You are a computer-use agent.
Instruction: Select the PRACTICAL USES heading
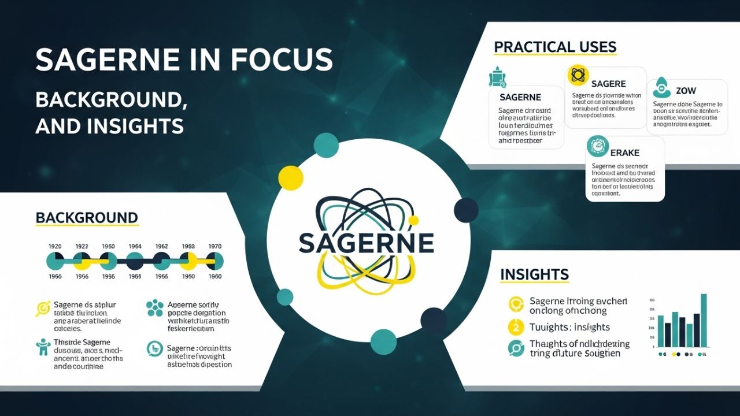555,47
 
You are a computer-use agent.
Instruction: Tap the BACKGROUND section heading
87,218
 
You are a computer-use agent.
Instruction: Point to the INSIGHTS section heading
534,274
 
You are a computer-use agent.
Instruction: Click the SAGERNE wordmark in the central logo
366,243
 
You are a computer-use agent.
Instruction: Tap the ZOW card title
685,91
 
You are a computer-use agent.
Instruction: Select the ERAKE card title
624,153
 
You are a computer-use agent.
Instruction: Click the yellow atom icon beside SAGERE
577,75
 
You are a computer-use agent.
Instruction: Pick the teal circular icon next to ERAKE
597,146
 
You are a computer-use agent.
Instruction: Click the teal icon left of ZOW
661,88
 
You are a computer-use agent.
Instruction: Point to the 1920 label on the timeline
54,246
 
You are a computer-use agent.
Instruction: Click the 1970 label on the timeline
214,246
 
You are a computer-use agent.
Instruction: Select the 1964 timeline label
135,246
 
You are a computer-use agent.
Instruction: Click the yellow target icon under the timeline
43,309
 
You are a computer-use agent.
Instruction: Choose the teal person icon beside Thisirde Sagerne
43,347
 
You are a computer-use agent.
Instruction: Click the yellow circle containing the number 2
515,327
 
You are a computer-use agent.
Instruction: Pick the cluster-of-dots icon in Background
154,308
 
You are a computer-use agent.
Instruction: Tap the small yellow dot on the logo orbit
413,220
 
